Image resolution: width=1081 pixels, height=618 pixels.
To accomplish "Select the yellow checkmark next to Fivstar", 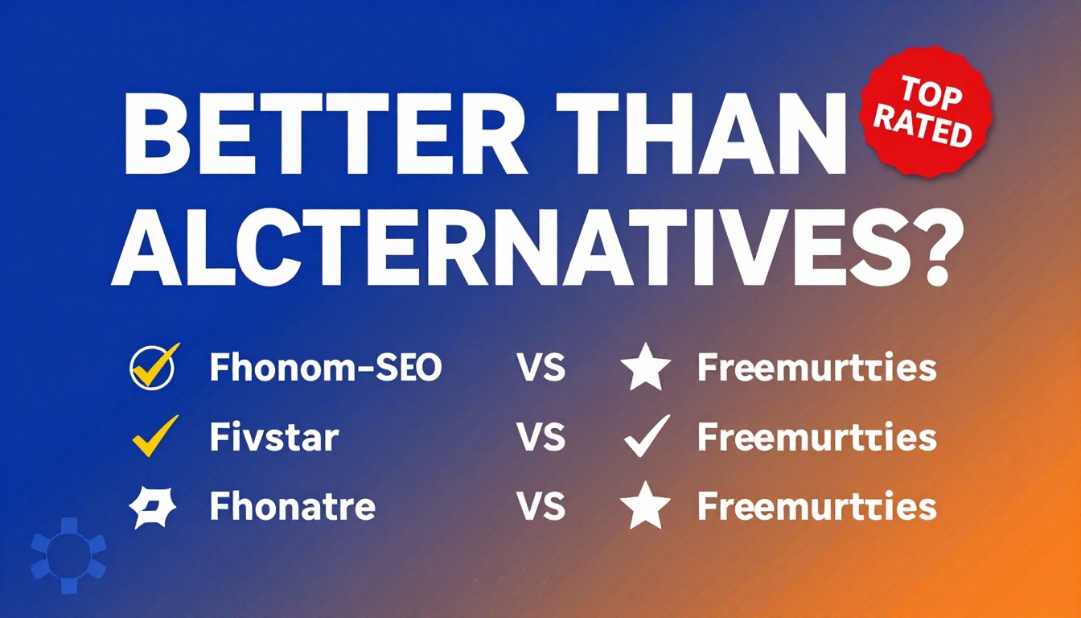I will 153,435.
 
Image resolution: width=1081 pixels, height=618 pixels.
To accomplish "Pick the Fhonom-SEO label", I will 325,369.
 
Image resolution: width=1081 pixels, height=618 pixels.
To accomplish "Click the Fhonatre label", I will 291,508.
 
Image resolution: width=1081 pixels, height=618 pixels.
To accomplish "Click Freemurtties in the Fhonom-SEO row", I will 816,369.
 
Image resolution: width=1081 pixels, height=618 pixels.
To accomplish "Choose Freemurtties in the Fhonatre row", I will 816,508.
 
